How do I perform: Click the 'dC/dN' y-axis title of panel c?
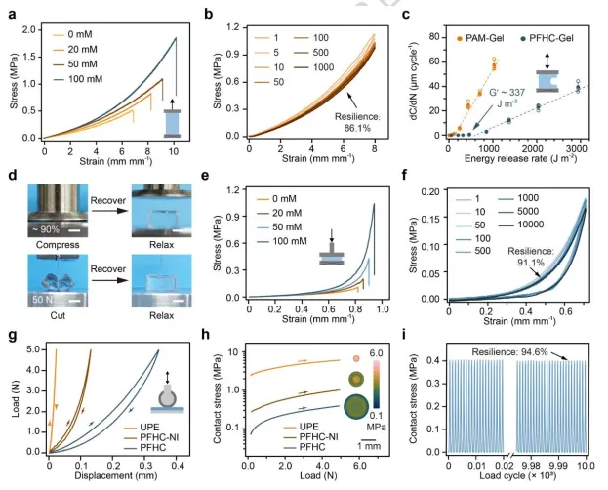coord(422,78)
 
